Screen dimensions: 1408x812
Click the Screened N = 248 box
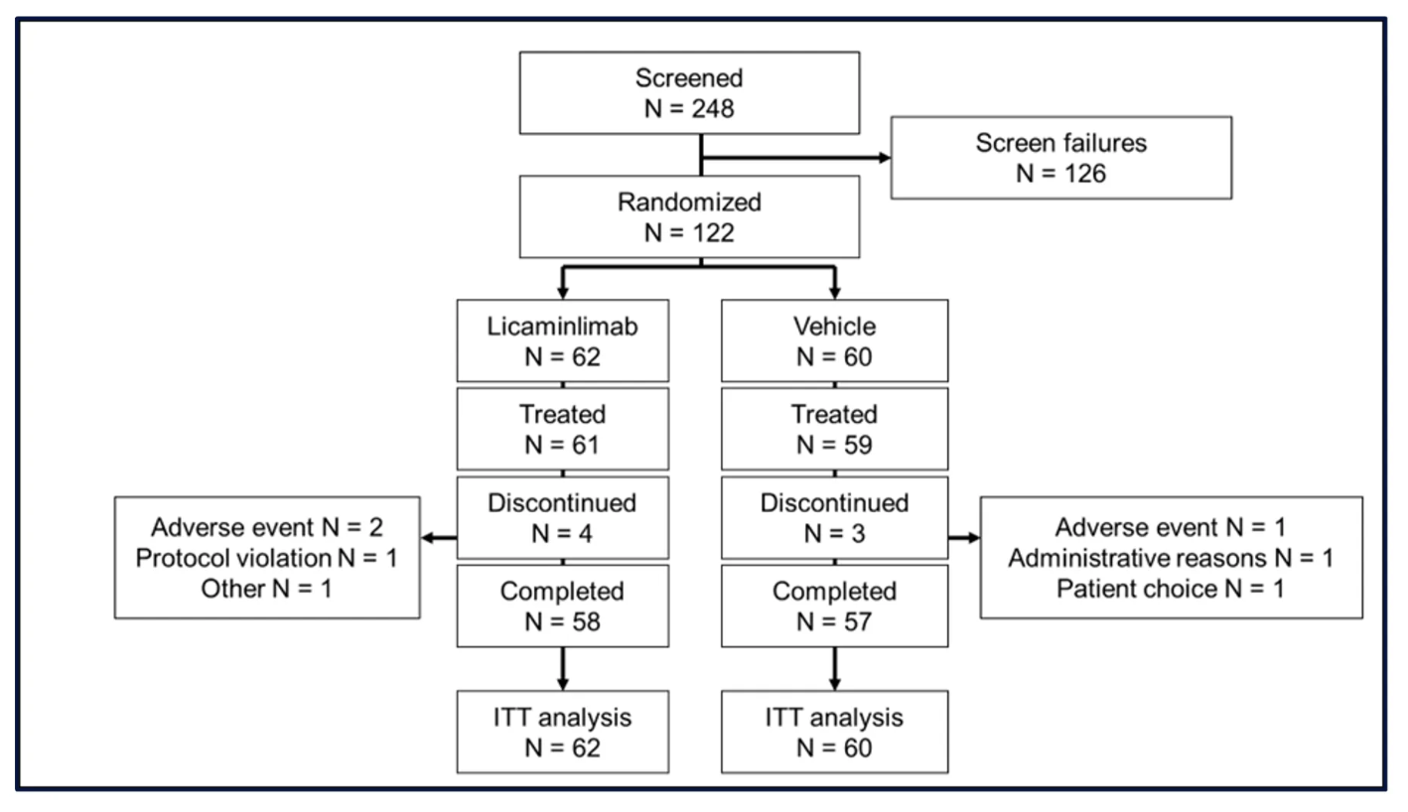689,93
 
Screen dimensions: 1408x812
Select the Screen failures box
1061,158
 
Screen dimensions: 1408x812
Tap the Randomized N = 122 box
689,216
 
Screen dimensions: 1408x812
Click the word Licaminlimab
563,327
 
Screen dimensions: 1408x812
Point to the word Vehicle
834,327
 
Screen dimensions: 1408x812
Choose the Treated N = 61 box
563,429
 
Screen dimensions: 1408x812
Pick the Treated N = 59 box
834,429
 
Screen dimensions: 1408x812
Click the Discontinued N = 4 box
563,517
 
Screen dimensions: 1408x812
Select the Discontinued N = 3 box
834,517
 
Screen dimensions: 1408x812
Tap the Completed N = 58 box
563,606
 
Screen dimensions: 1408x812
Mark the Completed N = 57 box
834,606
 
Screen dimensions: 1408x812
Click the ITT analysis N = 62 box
563,732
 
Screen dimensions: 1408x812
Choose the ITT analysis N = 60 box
834,732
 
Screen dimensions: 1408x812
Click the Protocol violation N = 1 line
266,558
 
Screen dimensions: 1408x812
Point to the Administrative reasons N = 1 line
1171,558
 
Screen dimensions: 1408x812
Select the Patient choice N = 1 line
1171,589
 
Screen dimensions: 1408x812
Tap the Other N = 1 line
266,589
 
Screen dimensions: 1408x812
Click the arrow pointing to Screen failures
795,157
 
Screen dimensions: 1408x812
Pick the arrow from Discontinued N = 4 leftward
439,538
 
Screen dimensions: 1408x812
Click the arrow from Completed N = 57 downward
834,669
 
